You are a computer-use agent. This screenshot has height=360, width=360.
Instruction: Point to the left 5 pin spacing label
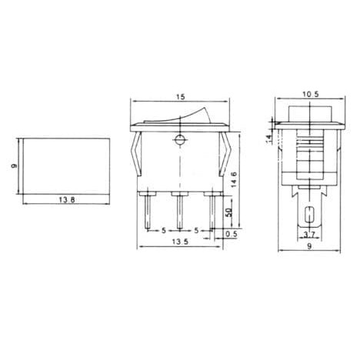pos(163,230)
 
